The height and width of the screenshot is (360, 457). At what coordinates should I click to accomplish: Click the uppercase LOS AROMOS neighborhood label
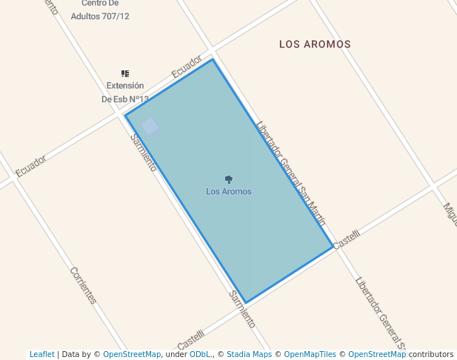pos(315,44)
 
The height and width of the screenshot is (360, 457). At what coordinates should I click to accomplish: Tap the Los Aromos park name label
pos(228,192)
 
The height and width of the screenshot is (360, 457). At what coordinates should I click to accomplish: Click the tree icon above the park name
pos(228,179)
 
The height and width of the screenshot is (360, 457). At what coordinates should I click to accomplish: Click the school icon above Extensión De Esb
pos(125,73)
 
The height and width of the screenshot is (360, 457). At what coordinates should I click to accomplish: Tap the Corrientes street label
pos(83,285)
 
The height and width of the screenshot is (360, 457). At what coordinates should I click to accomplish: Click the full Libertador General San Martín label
pos(291,173)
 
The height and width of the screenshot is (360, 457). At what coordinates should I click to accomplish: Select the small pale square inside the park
pos(150,126)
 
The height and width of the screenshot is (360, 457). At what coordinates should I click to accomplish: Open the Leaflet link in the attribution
pos(41,355)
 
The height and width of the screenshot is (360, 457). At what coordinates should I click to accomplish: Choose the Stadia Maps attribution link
pos(249,355)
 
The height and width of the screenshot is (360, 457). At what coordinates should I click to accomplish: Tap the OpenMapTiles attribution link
pos(310,355)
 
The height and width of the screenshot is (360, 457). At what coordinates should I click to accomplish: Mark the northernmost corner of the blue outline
pos(213,59)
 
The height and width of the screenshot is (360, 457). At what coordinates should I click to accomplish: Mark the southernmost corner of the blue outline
pos(245,303)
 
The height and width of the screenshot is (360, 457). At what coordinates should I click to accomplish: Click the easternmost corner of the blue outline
pos(333,247)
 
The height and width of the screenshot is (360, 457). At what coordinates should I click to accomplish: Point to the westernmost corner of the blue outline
pos(125,115)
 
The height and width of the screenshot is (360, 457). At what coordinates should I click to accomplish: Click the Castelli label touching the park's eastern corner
pos(347,239)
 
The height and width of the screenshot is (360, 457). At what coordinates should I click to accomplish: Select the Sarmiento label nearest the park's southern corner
pos(241,310)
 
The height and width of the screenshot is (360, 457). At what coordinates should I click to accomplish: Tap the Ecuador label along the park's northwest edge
pos(187,67)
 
